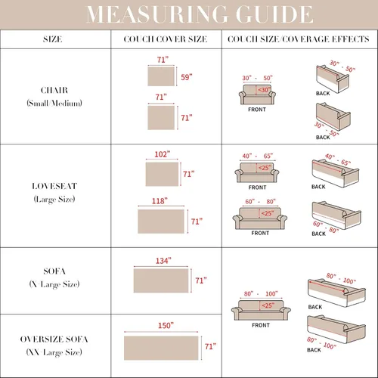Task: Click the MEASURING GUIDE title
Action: click(200, 14)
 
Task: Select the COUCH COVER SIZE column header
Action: click(166, 39)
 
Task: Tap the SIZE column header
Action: click(53, 39)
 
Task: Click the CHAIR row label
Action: click(54, 97)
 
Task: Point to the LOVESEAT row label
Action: click(54, 193)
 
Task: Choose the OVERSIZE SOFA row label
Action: click(54, 345)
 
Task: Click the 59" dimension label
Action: click(187, 77)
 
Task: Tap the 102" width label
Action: click(163, 154)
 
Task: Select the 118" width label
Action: click(160, 201)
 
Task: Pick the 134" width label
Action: click(163, 261)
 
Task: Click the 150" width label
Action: click(166, 326)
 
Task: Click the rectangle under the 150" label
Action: click(161, 348)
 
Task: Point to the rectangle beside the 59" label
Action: click(161, 76)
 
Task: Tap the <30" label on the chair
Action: click(264, 90)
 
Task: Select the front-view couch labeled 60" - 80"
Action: click(260, 218)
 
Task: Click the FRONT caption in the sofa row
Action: click(261, 325)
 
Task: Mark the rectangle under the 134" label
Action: click(161, 280)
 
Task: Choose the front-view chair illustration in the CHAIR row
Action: click(257, 94)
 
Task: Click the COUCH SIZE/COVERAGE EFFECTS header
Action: click(299, 39)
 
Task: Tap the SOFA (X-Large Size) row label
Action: click(54, 277)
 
